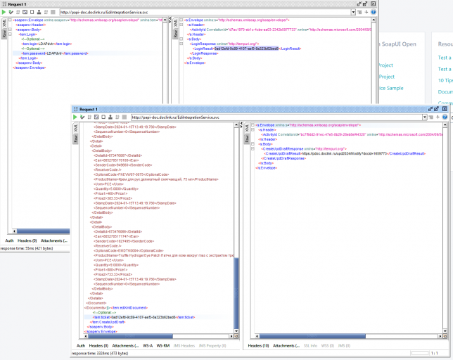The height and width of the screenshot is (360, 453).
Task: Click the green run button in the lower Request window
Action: (75, 117)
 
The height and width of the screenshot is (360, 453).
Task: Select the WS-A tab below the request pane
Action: (148, 346)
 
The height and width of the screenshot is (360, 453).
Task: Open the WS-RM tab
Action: (163, 346)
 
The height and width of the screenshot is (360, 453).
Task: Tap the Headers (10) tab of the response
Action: (260, 346)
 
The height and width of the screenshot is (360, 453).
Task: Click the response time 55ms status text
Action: (21, 248)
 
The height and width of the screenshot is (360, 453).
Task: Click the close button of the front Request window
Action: (447, 110)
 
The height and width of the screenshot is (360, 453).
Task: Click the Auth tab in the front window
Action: (81, 346)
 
